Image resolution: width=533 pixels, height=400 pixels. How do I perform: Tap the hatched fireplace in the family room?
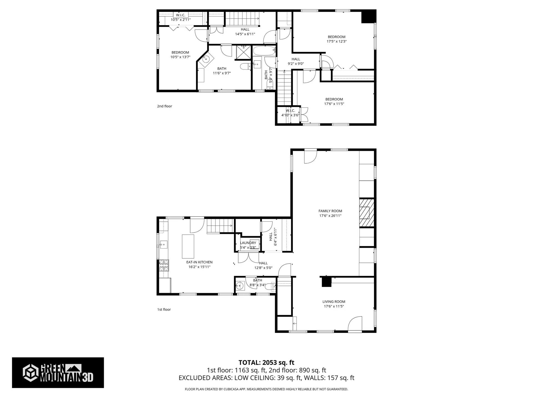(x=366, y=213)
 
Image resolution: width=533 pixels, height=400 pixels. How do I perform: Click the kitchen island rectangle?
(x=188, y=246)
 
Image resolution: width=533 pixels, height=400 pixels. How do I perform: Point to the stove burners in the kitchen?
(x=164, y=265)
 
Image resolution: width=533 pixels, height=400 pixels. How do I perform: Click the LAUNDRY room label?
(x=248, y=243)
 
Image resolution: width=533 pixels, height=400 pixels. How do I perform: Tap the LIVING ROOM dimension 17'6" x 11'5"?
(x=334, y=306)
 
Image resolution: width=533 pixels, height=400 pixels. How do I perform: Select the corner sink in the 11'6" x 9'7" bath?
(x=206, y=59)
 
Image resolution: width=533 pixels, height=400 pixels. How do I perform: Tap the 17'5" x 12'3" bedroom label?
(x=336, y=39)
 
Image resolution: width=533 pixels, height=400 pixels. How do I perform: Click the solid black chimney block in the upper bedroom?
(x=368, y=17)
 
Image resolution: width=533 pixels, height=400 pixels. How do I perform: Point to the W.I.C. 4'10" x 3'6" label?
(x=290, y=112)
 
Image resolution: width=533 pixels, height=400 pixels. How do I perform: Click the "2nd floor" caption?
(x=165, y=106)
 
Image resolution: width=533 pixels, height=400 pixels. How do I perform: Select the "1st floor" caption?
(x=164, y=309)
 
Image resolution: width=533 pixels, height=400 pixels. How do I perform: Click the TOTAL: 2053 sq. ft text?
(x=266, y=362)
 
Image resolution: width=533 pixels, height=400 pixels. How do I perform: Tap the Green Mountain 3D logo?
(x=58, y=372)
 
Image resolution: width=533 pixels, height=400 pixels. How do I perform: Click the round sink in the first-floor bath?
(x=239, y=285)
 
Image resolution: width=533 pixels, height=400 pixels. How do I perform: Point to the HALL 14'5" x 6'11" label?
(x=245, y=32)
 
